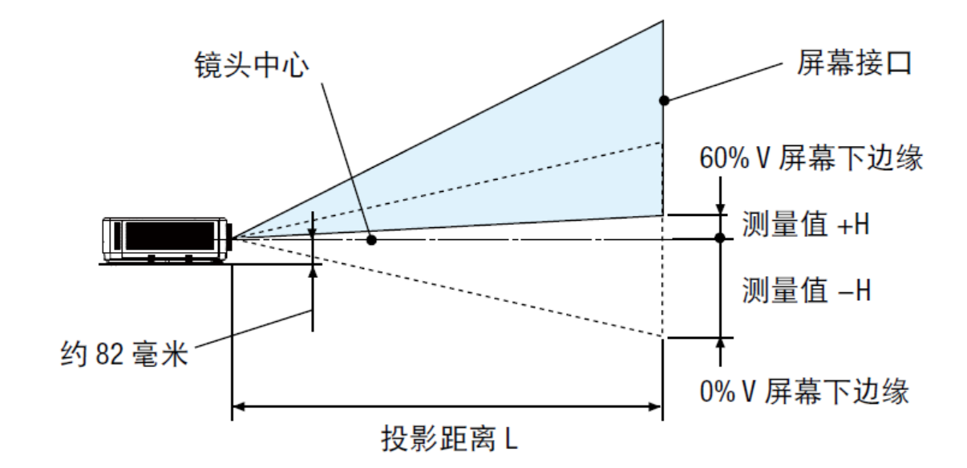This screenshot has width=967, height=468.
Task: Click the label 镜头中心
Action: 251,65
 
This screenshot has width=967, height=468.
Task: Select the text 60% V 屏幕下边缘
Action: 809,158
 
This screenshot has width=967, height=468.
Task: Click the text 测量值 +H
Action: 805,226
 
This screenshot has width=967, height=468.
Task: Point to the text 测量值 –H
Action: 805,288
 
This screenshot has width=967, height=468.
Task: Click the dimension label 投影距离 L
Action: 449,439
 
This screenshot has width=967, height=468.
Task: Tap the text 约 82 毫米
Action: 124,353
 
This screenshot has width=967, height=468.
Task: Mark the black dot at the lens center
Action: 371,239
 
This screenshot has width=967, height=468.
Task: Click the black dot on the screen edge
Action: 663,100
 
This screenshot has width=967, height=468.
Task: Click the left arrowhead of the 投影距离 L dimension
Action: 238,408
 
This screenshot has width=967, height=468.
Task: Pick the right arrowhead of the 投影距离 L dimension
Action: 656,408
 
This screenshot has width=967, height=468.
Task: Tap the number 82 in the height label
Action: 111,353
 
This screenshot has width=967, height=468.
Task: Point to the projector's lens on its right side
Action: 230,238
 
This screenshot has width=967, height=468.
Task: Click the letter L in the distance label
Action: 512,439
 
